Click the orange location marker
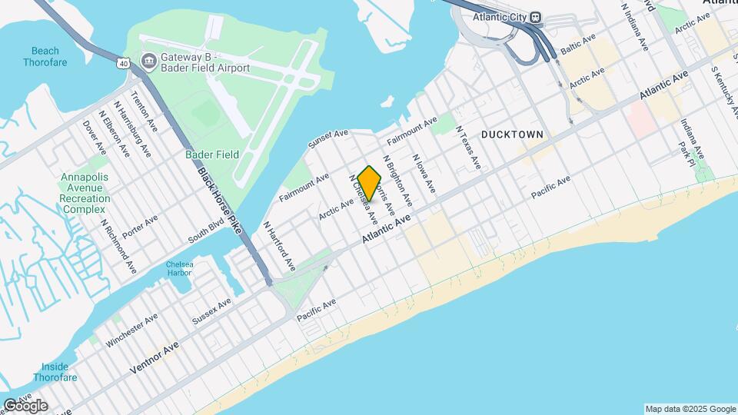pyautogui.click(x=370, y=183)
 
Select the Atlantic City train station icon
pyautogui.click(x=538, y=18)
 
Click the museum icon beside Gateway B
pyautogui.click(x=149, y=60)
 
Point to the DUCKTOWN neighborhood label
pyautogui.click(x=512, y=134)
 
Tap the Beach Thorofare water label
pyautogui.click(x=45, y=56)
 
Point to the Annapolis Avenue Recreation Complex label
pyautogui.click(x=86, y=193)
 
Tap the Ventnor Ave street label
pyautogui.click(x=154, y=358)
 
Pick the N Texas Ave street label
pyautogui.click(x=468, y=148)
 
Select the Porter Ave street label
pyautogui.click(x=140, y=226)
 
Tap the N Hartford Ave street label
pyautogui.click(x=280, y=246)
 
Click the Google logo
pyautogui.click(x=25, y=405)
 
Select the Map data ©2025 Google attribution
pyautogui.click(x=689, y=409)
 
